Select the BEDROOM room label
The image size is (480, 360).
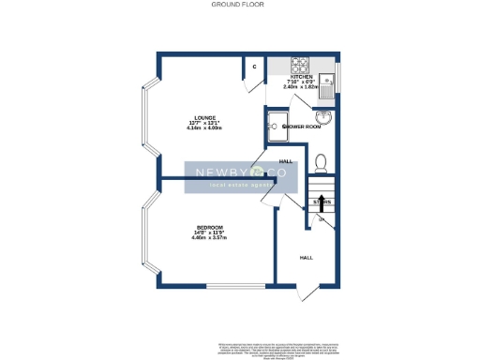coord(207,228)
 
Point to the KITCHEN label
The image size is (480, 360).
coord(313,77)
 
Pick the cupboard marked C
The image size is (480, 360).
coord(254,67)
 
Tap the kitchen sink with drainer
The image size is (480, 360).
coord(327,85)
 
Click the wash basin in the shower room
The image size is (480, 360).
coord(324,117)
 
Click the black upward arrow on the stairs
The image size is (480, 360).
coord(322,201)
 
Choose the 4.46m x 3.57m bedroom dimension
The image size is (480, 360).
coord(207,238)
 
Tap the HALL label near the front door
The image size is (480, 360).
coord(306,256)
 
